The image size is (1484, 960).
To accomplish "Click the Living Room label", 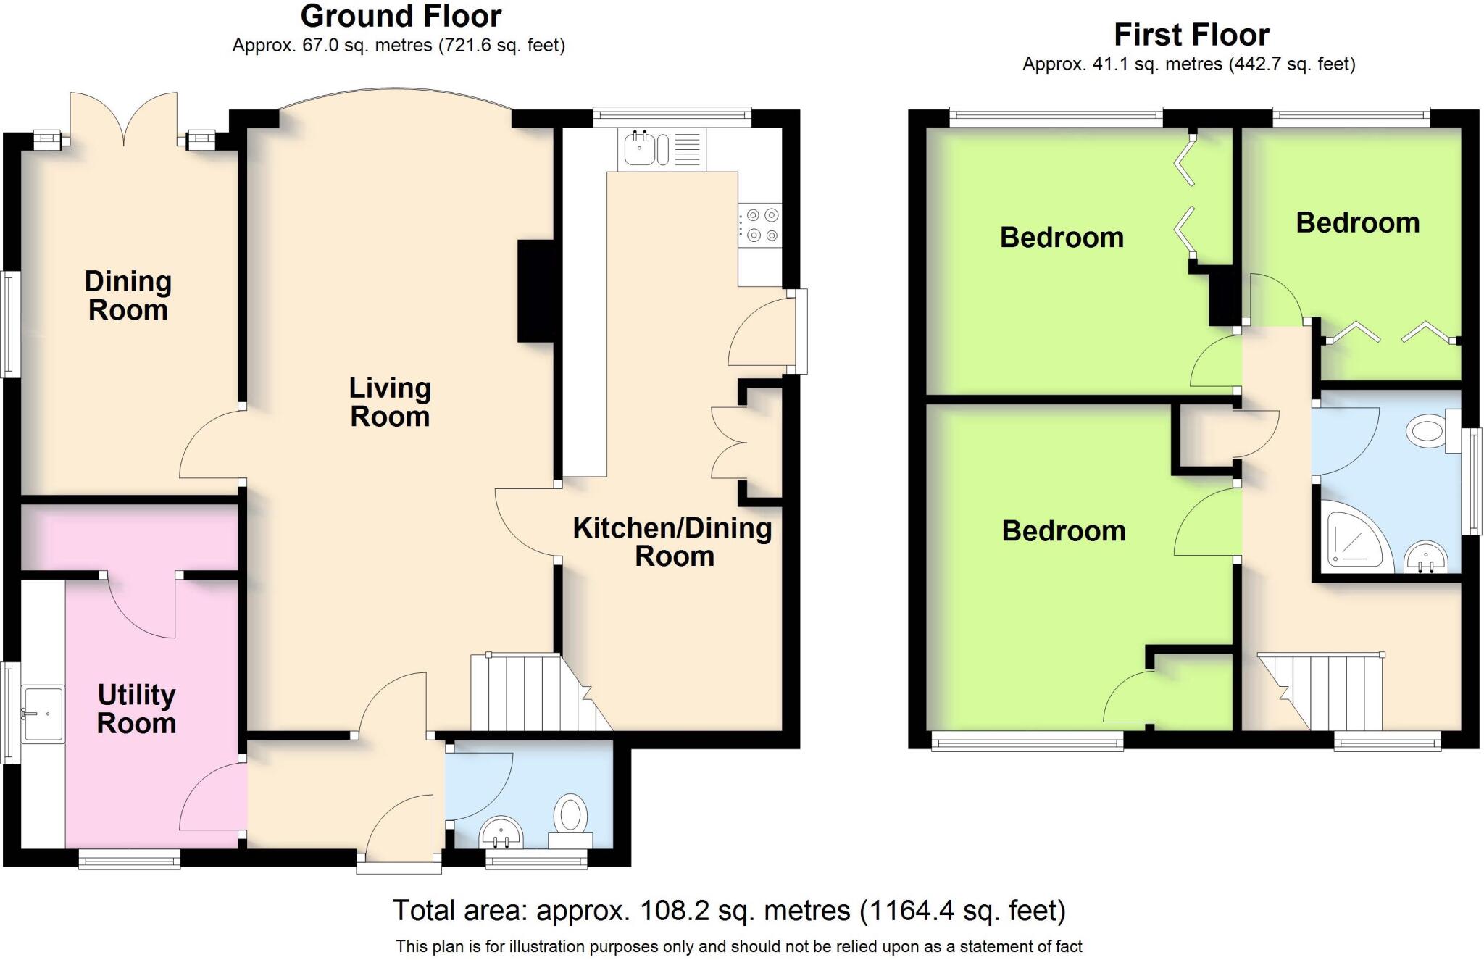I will pos(390,402).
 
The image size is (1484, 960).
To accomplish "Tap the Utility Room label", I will pos(136,709).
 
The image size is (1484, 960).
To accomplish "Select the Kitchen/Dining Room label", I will pos(672,541).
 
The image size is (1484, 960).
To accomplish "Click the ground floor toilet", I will pos(571,819).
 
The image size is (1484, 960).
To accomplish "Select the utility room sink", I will pos(43,714).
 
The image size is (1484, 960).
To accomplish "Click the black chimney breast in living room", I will pos(535,291).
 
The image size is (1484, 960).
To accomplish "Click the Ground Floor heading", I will pos(401,16).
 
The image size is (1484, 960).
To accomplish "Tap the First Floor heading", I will pos(1191,35).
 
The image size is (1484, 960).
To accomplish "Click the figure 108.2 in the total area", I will pos(672,911).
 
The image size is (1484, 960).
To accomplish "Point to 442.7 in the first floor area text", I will pos(1259,64).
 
